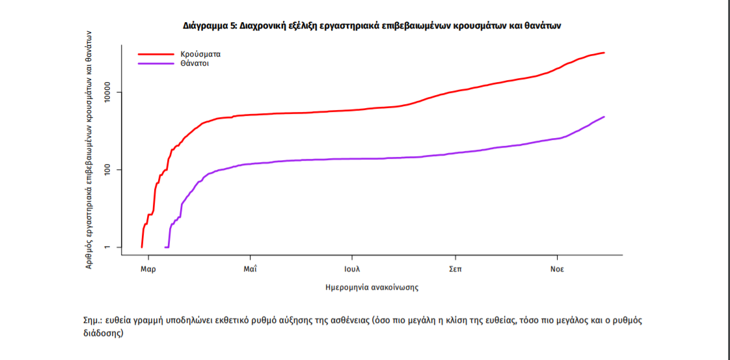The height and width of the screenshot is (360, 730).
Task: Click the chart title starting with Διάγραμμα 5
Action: [x=371, y=26]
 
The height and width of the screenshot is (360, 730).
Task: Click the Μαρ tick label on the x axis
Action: [x=148, y=269]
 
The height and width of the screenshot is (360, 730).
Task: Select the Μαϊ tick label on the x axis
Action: [x=250, y=269]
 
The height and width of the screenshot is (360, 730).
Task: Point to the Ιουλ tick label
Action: [x=352, y=269]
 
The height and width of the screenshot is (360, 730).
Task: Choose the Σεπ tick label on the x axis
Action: [x=455, y=269]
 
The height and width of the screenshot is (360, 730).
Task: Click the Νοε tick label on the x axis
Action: [x=556, y=269]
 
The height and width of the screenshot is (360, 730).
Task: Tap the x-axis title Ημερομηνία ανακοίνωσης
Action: [x=372, y=286]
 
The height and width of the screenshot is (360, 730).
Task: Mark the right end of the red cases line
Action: [x=604, y=53]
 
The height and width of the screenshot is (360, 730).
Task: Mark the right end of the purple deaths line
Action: [x=604, y=117]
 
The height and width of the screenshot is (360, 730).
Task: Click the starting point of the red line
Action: [x=142, y=247]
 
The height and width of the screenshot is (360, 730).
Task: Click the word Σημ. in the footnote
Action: [x=93, y=320]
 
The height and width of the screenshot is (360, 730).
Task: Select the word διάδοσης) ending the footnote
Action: [x=103, y=333]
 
